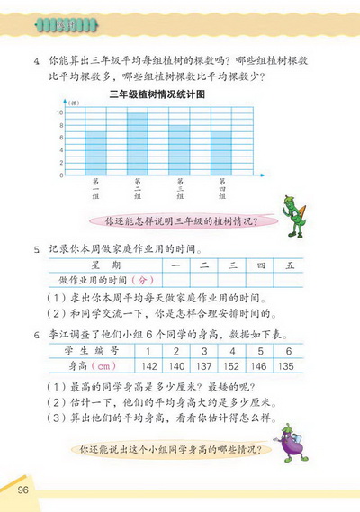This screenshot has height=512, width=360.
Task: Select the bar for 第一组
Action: point(95,153)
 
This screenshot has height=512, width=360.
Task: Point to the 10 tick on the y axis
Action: point(59,112)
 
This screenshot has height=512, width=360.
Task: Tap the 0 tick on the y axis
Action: point(60,175)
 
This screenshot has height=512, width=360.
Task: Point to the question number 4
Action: point(36,61)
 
